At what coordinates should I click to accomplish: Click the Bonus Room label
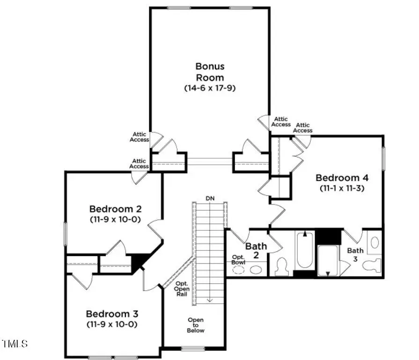209,72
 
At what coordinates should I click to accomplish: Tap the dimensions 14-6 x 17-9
209,88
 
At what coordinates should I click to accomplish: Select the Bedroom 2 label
115,209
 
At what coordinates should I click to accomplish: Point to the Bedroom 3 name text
111,314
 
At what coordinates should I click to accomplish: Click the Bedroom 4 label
342,178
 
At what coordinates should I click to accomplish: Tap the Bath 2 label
256,250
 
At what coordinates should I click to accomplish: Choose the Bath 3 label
355,255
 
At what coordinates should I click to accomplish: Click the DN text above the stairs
210,198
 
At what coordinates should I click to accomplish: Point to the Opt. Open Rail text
182,289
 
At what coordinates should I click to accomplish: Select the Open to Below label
195,325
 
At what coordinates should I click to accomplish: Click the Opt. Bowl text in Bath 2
238,260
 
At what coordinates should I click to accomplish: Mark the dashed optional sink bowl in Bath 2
238,270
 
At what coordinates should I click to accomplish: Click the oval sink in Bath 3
375,242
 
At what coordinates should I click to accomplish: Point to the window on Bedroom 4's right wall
383,159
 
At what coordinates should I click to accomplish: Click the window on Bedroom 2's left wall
65,234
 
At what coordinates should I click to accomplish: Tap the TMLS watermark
15,344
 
